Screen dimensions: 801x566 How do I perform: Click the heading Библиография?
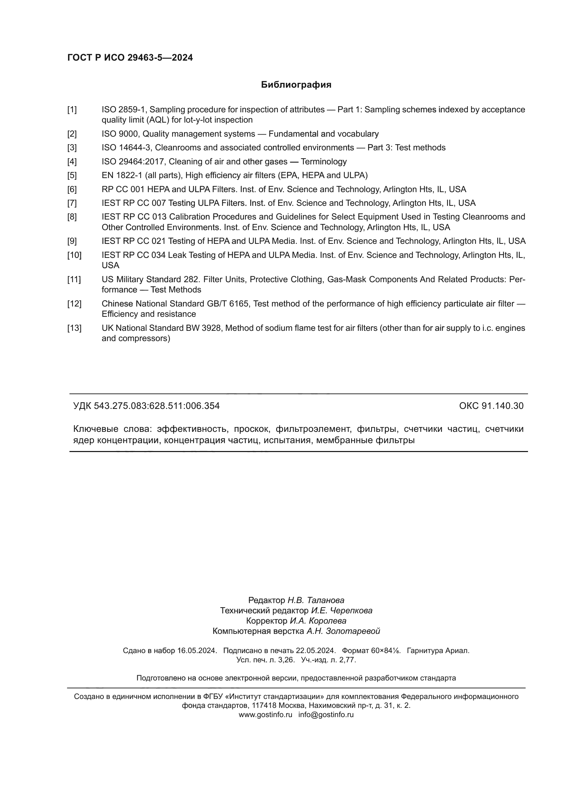coord(296,85)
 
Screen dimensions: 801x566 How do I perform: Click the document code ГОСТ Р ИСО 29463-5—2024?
coord(130,58)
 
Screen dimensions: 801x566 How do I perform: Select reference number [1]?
coord(72,110)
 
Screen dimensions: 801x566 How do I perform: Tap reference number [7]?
coord(72,203)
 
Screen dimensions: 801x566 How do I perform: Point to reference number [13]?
coord(74,328)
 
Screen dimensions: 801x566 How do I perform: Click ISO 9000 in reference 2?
coord(120,134)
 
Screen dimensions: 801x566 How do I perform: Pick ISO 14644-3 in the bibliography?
coord(127,148)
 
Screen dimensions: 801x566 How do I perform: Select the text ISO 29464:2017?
coord(134,162)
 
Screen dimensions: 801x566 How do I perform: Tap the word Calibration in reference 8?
coord(190,217)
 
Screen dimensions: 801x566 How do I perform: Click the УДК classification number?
coord(156,406)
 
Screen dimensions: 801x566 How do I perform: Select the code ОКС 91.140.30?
coord(491,406)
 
